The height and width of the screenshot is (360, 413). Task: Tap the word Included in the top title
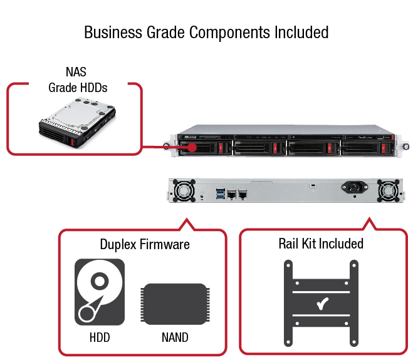click(x=300, y=32)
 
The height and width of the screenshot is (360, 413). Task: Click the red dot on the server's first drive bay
click(x=192, y=148)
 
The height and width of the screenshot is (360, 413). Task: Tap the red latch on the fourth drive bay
click(x=382, y=149)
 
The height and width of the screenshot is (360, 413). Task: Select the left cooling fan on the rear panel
click(x=186, y=190)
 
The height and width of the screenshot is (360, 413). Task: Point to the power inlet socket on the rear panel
click(x=352, y=187)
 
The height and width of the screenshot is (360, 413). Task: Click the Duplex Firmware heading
click(x=145, y=244)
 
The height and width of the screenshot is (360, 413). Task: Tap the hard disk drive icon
click(x=100, y=291)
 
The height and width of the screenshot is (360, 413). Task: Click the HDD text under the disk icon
click(x=99, y=337)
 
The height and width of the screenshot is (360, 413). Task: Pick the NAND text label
click(x=175, y=337)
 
